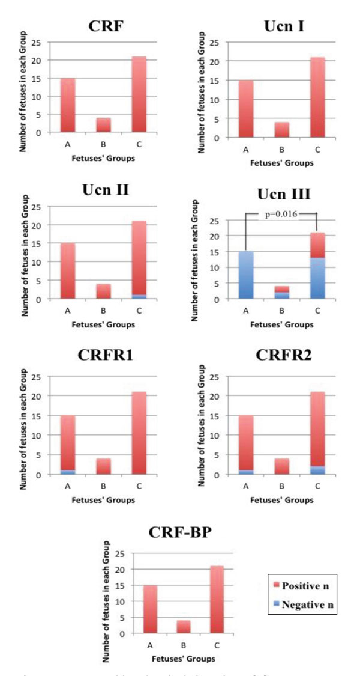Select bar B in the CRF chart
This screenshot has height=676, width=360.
tap(103, 125)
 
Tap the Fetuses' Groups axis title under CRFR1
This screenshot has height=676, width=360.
tap(103, 499)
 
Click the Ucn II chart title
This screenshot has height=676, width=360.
tap(103, 192)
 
